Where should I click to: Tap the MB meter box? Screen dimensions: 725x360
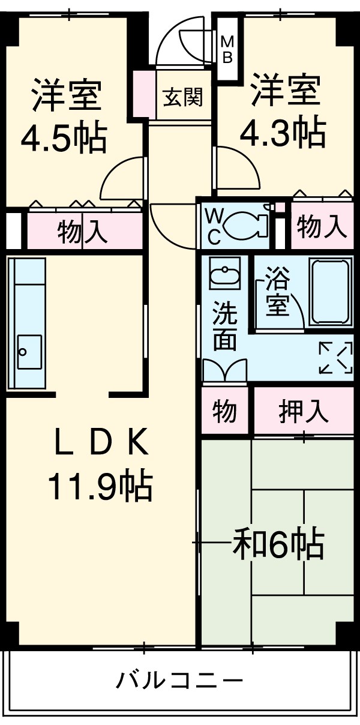click(228, 48)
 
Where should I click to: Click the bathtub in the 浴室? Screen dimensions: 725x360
click(331, 292)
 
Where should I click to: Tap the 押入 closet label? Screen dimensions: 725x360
click(304, 412)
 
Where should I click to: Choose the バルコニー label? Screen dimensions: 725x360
click(180, 681)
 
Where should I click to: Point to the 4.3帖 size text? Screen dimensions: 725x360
click(283, 133)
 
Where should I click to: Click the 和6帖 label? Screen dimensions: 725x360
click(278, 544)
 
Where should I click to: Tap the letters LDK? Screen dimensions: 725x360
click(100, 445)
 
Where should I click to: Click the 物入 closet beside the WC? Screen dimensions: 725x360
click(322, 227)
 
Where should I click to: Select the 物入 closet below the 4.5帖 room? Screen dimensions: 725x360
click(83, 231)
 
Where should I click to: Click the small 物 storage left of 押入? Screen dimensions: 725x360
click(224, 412)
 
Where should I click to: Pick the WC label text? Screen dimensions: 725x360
click(214, 225)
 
